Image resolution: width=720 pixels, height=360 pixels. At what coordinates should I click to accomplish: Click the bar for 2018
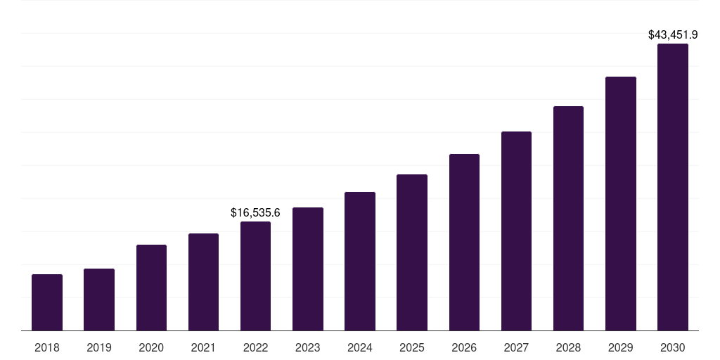click(x=47, y=302)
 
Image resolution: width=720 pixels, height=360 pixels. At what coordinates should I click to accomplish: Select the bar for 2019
click(x=99, y=300)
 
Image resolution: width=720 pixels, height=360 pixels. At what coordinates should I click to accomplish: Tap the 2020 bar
click(x=151, y=288)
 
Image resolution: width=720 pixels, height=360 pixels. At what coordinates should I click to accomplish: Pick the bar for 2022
click(x=255, y=276)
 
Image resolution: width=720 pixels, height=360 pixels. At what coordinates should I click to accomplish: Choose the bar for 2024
click(x=360, y=262)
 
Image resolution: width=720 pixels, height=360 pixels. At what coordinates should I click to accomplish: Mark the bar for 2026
click(x=464, y=243)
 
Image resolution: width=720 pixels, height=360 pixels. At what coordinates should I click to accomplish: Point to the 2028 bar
click(x=568, y=219)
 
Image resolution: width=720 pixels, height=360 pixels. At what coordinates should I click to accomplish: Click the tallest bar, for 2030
click(x=673, y=187)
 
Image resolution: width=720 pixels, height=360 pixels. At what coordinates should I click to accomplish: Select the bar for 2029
click(x=621, y=204)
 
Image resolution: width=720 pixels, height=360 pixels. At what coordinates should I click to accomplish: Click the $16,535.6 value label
click(x=255, y=212)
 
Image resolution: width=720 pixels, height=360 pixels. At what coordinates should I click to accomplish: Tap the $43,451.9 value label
click(x=673, y=34)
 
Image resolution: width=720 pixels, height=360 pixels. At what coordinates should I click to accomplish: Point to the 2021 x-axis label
click(x=203, y=347)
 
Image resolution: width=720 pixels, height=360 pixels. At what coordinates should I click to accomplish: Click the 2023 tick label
click(x=307, y=347)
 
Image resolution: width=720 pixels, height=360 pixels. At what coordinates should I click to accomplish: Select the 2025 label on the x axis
click(x=412, y=347)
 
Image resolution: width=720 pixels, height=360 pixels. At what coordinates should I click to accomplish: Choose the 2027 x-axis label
click(x=516, y=347)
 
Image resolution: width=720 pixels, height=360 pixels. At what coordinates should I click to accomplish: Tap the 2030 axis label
click(x=673, y=347)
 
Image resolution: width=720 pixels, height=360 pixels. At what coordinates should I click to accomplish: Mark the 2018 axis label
click(x=47, y=347)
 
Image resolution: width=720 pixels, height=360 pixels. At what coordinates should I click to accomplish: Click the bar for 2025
click(x=412, y=252)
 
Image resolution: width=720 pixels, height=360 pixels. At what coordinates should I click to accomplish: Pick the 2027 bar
click(x=516, y=231)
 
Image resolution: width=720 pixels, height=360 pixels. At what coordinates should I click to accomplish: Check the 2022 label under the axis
click(x=255, y=347)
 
